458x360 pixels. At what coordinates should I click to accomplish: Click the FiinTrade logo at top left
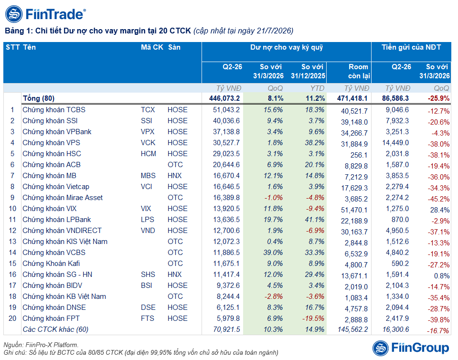point(45,14)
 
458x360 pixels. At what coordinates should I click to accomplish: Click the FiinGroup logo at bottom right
point(411,348)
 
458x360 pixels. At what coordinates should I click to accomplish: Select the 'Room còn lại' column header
point(359,71)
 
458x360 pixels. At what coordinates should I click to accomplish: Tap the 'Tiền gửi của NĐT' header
point(411,47)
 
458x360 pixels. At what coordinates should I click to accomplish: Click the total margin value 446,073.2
point(224,98)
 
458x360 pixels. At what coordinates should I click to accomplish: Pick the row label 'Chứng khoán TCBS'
point(54,110)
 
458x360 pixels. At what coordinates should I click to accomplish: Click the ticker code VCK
point(148,143)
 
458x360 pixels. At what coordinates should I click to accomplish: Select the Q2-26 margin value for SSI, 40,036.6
point(226,121)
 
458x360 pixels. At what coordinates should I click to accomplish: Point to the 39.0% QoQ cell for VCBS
point(273,253)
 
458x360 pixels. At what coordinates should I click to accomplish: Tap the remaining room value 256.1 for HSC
point(359,155)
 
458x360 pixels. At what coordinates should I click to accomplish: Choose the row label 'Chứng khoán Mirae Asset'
point(63,198)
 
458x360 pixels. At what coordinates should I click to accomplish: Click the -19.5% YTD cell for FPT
point(313,318)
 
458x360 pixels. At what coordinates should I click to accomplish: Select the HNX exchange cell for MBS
point(175,176)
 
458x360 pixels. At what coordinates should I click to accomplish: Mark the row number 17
point(12,286)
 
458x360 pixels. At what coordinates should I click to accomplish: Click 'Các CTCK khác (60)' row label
point(55,329)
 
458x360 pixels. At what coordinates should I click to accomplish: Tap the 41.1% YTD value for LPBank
point(315,220)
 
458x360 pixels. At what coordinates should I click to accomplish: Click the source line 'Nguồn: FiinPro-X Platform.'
point(41,345)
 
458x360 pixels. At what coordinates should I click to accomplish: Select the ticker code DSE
point(148,307)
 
